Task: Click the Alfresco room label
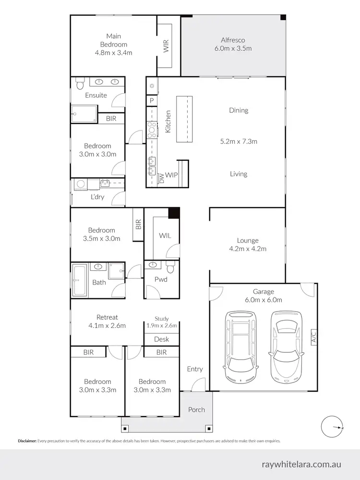tap(233, 40)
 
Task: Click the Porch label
tap(196, 409)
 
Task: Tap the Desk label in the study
tap(161, 339)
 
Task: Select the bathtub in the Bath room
tap(78, 279)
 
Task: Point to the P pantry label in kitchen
tap(152, 101)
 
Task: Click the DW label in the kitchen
tap(162, 178)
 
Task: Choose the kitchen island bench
tap(184, 119)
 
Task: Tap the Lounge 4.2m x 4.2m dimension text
tap(248, 249)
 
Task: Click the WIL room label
tap(165, 236)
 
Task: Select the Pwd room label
tap(161, 279)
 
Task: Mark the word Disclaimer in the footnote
tap(27, 441)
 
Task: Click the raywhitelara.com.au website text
tap(301, 465)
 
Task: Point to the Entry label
tap(195, 369)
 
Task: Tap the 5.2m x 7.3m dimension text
tap(239, 141)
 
